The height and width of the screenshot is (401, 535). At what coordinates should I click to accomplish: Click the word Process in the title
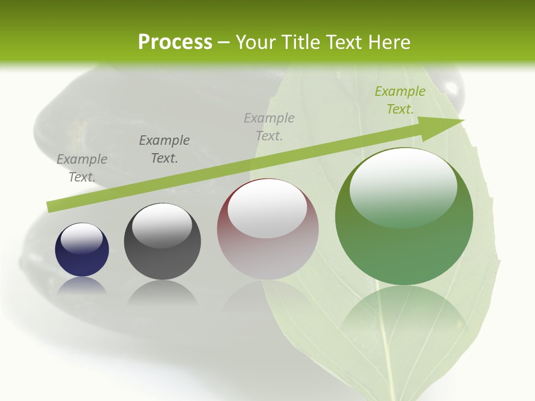[175, 42]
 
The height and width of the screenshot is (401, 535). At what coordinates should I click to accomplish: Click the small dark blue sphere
[82, 250]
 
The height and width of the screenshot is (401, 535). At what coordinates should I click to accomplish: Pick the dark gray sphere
[162, 242]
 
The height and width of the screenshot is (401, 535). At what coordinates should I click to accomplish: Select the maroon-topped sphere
[267, 229]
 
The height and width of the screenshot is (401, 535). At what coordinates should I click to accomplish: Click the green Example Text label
[400, 100]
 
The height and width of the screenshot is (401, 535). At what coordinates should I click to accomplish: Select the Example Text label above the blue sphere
[82, 168]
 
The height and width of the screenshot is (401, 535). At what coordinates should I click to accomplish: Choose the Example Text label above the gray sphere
[164, 149]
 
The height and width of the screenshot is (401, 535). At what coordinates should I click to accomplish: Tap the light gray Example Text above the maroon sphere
[269, 126]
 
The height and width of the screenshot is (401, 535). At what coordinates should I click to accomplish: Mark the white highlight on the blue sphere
[81, 238]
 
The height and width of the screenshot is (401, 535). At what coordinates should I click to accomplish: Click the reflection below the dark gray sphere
[162, 292]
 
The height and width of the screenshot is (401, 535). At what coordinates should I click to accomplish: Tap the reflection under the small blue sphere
[82, 286]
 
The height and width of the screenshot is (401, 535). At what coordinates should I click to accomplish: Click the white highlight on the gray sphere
[162, 225]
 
